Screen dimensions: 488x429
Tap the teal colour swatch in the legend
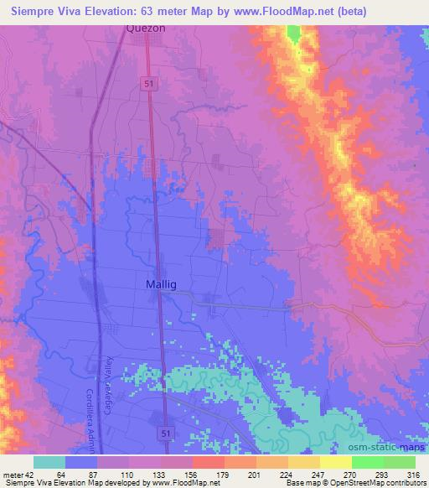coord(49,461)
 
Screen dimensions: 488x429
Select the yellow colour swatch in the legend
coord(335,461)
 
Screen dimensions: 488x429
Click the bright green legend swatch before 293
coord(367,461)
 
